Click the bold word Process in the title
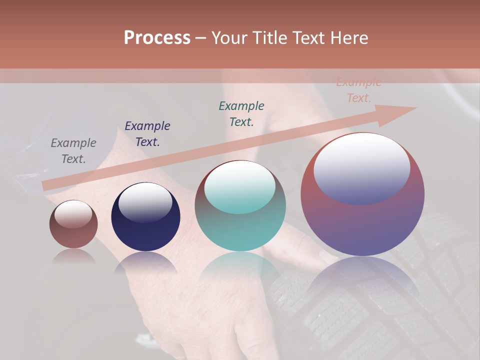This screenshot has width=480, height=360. point(157,38)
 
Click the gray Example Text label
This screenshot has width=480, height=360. point(73,151)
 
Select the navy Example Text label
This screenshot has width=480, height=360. point(147,134)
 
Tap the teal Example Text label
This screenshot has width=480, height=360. point(241,113)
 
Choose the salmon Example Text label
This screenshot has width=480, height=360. point(358,90)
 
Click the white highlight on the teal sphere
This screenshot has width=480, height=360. point(240,186)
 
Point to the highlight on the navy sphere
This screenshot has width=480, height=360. point(145,201)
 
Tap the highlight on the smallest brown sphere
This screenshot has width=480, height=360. point(73,214)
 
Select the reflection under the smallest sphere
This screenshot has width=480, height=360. point(73,256)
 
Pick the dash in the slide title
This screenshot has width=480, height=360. point(200,38)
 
